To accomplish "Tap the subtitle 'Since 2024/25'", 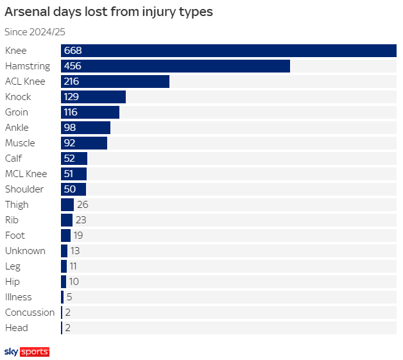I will point(35,32).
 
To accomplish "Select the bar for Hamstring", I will point(175,66).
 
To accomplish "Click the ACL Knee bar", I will point(115,81).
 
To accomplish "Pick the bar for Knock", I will point(93,97).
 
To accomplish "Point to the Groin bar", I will point(90,112).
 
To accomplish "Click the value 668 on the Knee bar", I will point(73,51).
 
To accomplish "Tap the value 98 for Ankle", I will point(70,128).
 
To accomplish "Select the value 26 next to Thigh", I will point(82,205).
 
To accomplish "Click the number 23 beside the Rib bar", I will point(81,220).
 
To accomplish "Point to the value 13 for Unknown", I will point(75,251).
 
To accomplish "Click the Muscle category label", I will point(20,143).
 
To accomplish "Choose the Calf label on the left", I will point(13,159).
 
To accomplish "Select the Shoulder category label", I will point(24,189).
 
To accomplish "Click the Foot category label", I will point(15,236).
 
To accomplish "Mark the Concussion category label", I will point(30,313).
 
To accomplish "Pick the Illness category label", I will point(18,297).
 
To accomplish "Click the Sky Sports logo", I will point(27,352).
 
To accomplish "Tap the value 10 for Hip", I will point(74,282).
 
